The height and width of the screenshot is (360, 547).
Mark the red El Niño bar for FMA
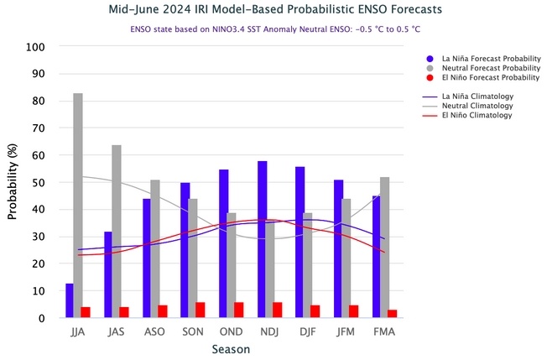coord(393,313)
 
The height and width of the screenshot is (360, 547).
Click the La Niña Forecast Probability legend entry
coord(482,59)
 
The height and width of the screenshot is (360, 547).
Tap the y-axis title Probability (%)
coord(13,181)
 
